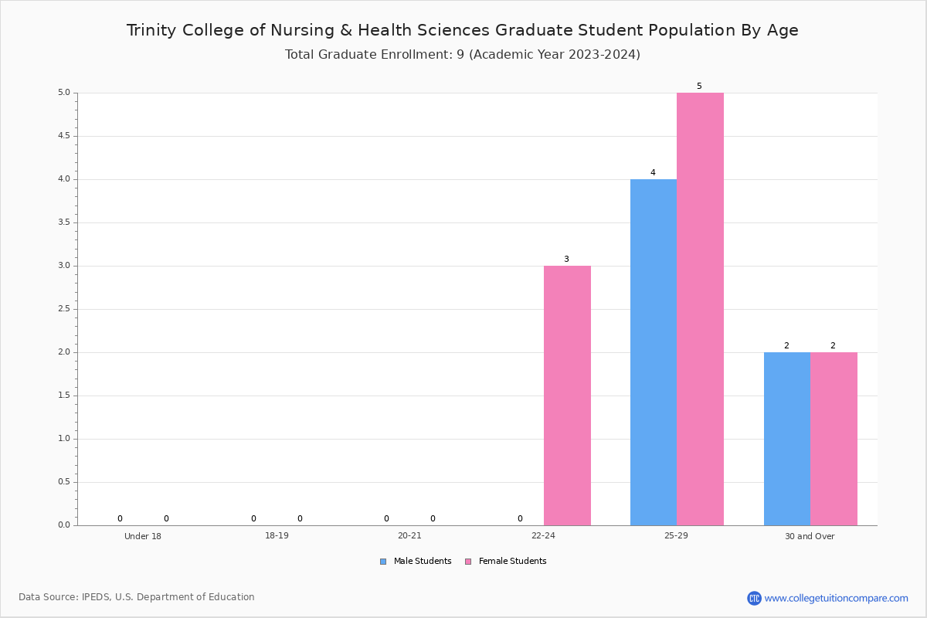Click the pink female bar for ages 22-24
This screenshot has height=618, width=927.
567,396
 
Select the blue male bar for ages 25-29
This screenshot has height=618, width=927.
654,352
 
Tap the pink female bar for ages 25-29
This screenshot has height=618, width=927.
700,309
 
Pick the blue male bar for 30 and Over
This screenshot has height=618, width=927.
787,439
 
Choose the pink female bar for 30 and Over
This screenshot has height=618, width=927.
834,439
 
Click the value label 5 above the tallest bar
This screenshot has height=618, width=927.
699,86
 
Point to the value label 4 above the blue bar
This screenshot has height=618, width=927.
653,172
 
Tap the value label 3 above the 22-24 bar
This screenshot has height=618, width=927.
566,259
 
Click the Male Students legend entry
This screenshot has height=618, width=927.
416,562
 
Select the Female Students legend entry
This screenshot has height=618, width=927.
506,562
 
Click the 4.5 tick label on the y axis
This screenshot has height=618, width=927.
64,136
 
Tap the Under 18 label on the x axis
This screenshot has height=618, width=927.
143,536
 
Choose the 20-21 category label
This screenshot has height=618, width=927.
409,535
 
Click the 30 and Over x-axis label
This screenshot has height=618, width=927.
810,536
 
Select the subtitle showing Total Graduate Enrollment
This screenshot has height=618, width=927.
463,55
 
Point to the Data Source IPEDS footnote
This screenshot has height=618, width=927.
137,597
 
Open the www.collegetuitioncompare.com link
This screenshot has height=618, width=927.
836,598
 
